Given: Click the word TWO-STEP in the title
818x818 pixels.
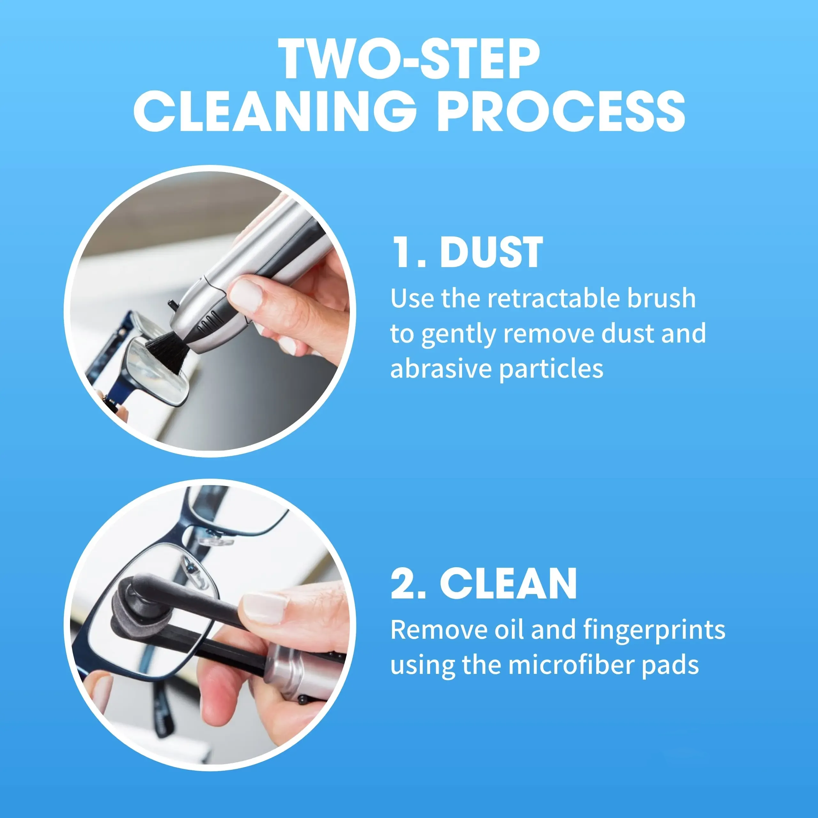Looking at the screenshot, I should click(409, 59).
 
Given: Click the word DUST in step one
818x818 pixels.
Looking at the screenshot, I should click(491, 253).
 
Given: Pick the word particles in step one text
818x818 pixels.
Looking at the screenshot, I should click(551, 369).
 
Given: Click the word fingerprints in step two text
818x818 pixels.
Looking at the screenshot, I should click(654, 630).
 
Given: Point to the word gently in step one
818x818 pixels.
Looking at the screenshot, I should click(458, 335).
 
